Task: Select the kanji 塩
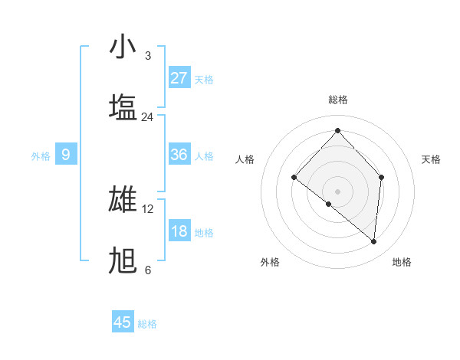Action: (x=123, y=106)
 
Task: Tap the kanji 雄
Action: (x=123, y=199)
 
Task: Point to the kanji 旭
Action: (x=123, y=260)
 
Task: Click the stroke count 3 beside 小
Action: (x=148, y=55)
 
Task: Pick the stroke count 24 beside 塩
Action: (x=148, y=116)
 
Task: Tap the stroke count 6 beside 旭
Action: (x=148, y=270)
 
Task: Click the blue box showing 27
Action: (x=179, y=78)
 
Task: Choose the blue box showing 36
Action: (x=179, y=155)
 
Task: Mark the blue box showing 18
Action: (x=179, y=231)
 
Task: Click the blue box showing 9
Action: (x=66, y=155)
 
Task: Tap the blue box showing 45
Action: (x=123, y=322)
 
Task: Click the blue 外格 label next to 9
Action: (x=41, y=155)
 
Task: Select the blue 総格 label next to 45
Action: (x=147, y=324)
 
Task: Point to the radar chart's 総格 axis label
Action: (x=337, y=100)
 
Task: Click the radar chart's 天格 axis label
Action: (x=431, y=159)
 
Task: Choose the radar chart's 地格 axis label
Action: (x=402, y=262)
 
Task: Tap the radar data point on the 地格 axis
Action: (x=374, y=241)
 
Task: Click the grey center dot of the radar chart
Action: (x=337, y=191)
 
